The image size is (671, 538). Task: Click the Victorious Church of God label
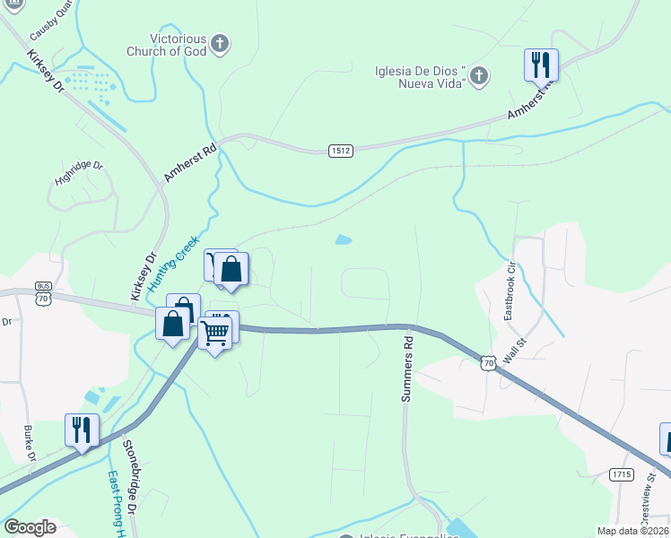tap(179, 46)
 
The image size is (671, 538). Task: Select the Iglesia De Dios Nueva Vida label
tap(419, 75)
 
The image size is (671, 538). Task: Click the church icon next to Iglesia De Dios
tap(479, 76)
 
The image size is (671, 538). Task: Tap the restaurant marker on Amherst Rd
tap(541, 65)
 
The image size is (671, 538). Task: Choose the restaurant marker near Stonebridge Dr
tap(82, 430)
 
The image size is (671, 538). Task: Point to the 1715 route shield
tap(621, 473)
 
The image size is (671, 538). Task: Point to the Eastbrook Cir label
tap(510, 291)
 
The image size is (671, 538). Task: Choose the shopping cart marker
tap(215, 333)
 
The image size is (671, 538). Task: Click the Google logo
tap(30, 527)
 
